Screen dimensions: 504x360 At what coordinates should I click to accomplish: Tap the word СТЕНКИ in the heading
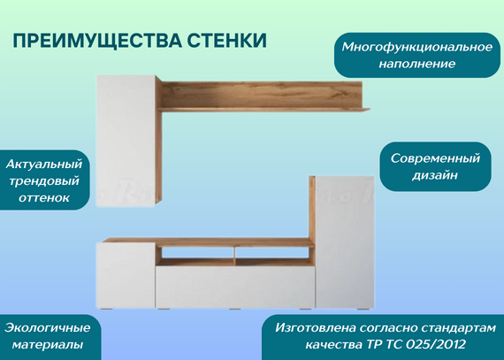(x=227, y=40)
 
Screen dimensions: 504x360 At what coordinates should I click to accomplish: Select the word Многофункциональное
(x=416, y=48)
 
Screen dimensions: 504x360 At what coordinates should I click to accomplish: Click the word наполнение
(x=416, y=64)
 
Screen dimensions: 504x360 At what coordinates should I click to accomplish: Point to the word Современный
(x=435, y=158)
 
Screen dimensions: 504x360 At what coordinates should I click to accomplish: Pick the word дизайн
(x=435, y=175)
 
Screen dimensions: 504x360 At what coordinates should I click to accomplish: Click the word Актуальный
(x=44, y=165)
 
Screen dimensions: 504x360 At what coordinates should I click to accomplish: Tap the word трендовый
(x=44, y=181)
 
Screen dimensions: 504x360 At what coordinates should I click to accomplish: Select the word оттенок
(x=44, y=197)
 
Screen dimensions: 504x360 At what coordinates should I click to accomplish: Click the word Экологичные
(x=47, y=328)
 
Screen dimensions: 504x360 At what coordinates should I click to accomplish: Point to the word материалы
(x=47, y=345)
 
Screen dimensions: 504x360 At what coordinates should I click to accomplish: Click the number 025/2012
(x=435, y=345)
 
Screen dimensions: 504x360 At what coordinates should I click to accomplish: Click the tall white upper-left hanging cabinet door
(x=126, y=141)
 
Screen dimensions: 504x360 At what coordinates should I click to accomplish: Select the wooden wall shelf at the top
(x=262, y=96)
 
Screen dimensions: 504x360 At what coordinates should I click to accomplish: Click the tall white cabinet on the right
(x=345, y=241)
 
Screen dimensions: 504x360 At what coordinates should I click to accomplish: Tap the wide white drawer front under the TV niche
(x=235, y=287)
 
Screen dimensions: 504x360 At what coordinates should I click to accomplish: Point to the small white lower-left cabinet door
(x=126, y=275)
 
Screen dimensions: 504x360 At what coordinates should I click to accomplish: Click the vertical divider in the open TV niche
(x=234, y=257)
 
